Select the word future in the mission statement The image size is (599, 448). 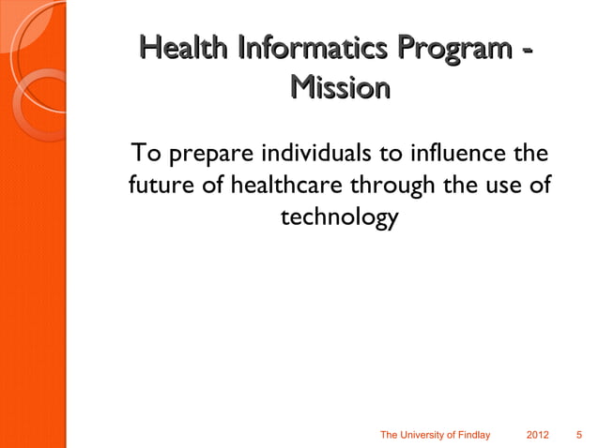156,185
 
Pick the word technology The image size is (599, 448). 340,219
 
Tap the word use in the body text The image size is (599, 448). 502,185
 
